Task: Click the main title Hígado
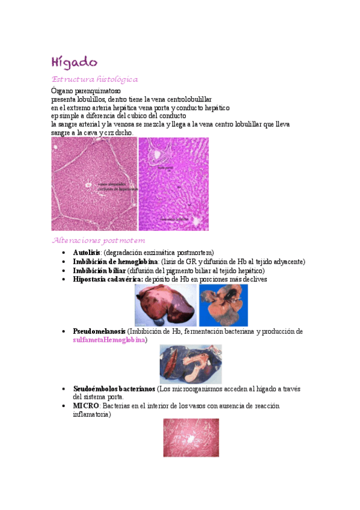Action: tap(74, 62)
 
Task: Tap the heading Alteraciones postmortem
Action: tap(99, 241)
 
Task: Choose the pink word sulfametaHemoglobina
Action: tap(109, 340)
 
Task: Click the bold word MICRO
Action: tap(85, 406)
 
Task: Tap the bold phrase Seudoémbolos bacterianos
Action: tap(114, 389)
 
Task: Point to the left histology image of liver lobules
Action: tap(94, 184)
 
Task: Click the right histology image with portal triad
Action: tap(174, 184)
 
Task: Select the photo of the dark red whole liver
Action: tap(165, 305)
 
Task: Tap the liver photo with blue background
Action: tap(223, 305)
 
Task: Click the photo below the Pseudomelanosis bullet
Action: tap(191, 364)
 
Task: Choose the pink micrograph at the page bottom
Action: tap(191, 437)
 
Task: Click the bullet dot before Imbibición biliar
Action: tap(64, 271)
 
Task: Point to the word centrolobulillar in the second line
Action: tap(186, 99)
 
